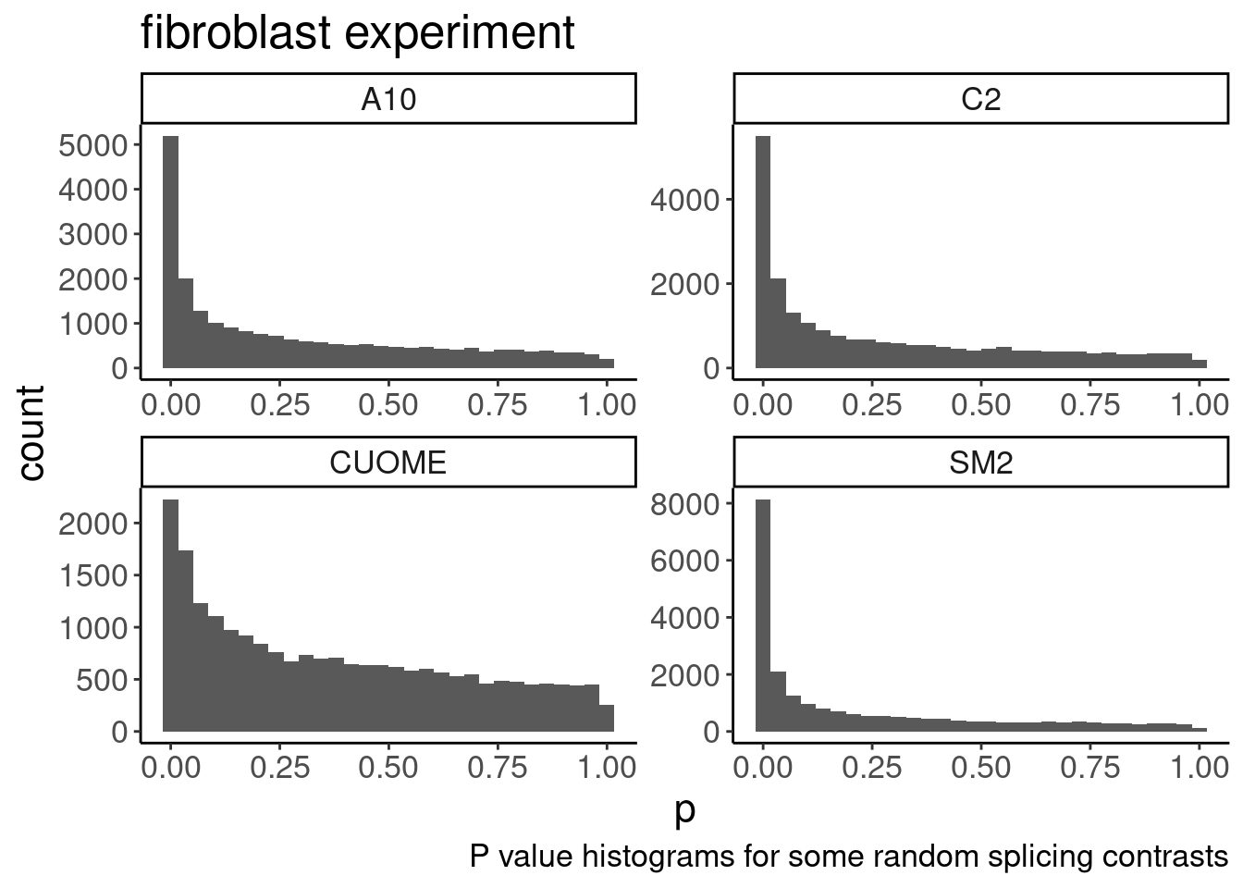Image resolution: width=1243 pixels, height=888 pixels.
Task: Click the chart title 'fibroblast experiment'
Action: click(x=358, y=33)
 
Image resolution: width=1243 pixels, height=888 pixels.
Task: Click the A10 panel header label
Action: click(x=388, y=98)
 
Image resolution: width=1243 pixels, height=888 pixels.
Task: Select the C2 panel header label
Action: click(x=981, y=98)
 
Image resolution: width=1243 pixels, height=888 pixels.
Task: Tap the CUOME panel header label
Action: click(x=388, y=462)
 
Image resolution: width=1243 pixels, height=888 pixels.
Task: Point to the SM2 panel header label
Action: click(x=981, y=462)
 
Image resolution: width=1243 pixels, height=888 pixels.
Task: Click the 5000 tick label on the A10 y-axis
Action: click(x=93, y=145)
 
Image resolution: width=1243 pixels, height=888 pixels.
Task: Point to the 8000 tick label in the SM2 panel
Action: click(x=686, y=504)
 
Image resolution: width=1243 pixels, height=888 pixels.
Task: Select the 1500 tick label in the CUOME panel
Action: click(x=93, y=575)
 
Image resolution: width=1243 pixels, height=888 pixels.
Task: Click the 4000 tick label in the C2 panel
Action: click(x=686, y=200)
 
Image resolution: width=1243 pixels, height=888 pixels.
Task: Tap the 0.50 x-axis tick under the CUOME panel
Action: click(x=388, y=768)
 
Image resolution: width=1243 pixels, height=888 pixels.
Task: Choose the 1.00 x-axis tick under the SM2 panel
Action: click(x=1200, y=768)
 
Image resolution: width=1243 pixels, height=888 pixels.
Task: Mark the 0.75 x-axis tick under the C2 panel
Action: click(x=1090, y=404)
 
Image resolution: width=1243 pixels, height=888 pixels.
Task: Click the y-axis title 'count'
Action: click(x=31, y=433)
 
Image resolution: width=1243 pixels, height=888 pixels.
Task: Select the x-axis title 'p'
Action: click(x=684, y=811)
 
